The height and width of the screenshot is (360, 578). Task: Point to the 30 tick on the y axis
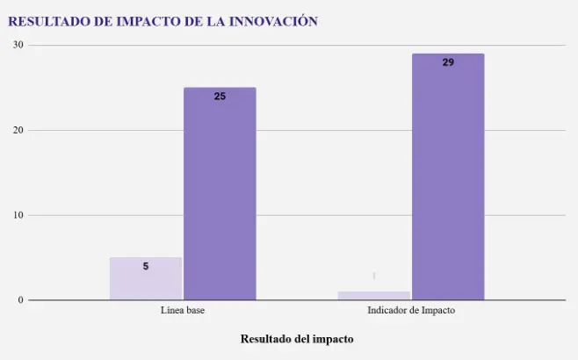[18, 45]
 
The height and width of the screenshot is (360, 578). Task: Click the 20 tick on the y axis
[18, 130]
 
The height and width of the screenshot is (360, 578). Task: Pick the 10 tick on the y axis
[18, 215]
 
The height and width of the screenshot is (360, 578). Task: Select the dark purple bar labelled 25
[220, 193]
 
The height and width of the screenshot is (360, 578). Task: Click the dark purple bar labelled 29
[448, 176]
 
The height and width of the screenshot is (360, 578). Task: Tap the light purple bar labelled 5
[146, 278]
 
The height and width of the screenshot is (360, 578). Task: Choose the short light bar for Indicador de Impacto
[374, 296]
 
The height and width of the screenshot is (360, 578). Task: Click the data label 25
[220, 97]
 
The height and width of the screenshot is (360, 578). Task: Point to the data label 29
[448, 62]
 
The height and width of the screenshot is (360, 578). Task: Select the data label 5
[146, 266]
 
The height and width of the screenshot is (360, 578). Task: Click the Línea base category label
[183, 312]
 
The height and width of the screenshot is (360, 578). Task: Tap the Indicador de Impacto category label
[411, 312]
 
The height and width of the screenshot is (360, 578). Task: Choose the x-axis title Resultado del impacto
[297, 339]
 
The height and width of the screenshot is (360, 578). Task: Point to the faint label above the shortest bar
[374, 276]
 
